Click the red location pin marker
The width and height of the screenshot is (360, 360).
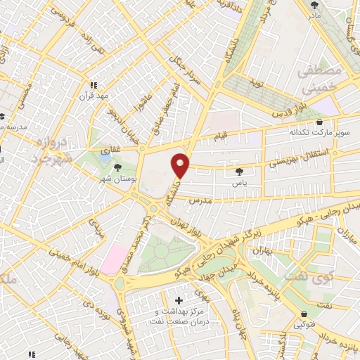tap(181, 166)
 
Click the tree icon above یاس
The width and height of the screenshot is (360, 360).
tap(240, 171)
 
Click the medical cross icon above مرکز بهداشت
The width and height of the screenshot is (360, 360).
tap(179, 301)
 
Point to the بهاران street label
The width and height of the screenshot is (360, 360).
tap(262, 250)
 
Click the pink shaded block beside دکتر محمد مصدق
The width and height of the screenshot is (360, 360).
tap(114, 259)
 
